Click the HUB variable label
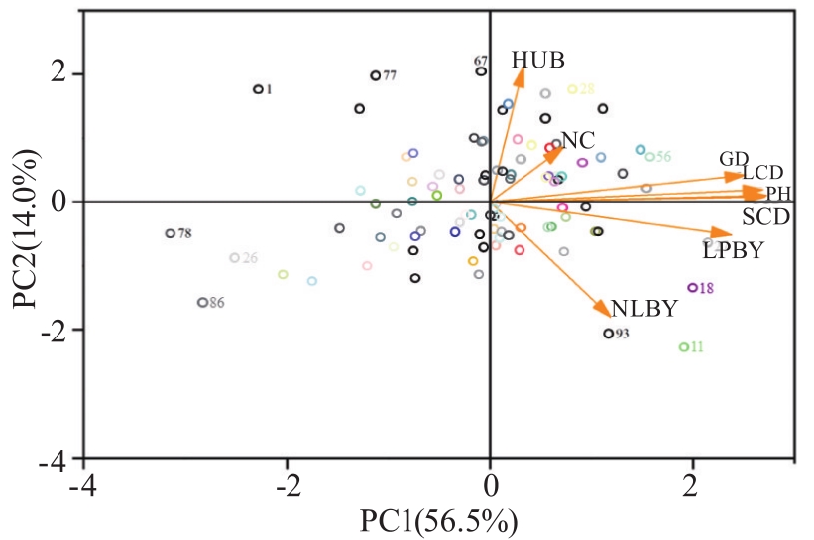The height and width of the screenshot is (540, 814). (538, 61)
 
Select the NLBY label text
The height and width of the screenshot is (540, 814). (643, 309)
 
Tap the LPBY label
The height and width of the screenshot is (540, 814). (733, 252)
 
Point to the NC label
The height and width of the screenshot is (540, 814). (578, 140)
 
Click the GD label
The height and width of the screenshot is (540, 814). (734, 159)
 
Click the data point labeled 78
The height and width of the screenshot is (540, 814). (170, 234)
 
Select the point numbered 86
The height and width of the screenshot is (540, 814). (202, 303)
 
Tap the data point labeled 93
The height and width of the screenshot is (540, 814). (609, 334)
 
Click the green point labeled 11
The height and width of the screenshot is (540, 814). (683, 347)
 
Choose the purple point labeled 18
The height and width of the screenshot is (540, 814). (692, 288)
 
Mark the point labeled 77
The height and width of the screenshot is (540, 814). (375, 75)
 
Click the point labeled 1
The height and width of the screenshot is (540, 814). (258, 89)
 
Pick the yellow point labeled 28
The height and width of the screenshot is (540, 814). (572, 89)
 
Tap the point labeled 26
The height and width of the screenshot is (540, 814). (235, 258)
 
